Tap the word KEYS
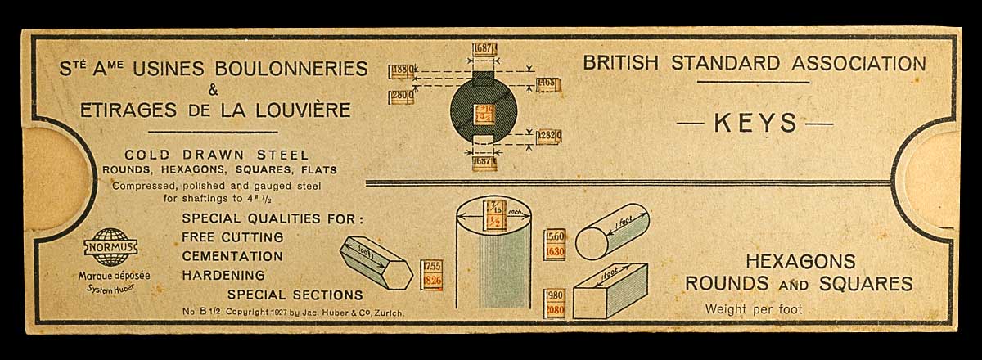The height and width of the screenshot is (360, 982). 755,124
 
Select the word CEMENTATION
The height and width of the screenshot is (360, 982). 232,256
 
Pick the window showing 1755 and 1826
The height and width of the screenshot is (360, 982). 433,274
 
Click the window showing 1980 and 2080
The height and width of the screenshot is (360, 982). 555,303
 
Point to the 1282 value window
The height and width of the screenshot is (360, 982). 549,135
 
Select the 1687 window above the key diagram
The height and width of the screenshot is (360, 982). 484,48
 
